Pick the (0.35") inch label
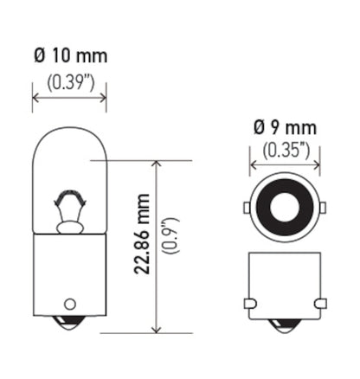click(x=285, y=150)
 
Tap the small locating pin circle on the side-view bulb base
click(x=69, y=305)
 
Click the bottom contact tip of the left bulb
click(x=69, y=327)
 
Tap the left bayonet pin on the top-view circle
click(x=247, y=208)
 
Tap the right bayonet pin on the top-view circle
click(x=323, y=208)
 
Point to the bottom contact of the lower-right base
click(x=285, y=327)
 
